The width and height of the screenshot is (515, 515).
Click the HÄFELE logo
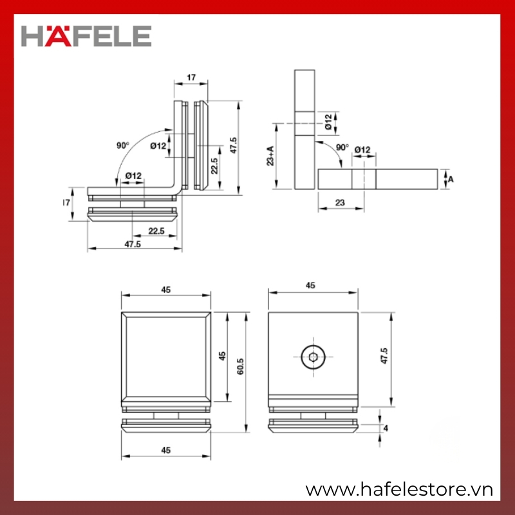86,36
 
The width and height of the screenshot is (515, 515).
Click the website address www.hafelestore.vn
399,490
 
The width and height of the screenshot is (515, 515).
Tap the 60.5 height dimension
240,366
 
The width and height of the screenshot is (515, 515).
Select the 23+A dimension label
270,156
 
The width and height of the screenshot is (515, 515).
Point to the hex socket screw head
314,357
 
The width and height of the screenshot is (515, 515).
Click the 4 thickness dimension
386,428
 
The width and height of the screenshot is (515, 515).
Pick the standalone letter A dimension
451,180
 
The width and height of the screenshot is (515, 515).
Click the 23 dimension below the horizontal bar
341,203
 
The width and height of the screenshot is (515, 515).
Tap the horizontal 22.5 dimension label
156,231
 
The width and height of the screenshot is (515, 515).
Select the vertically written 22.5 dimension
214,166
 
